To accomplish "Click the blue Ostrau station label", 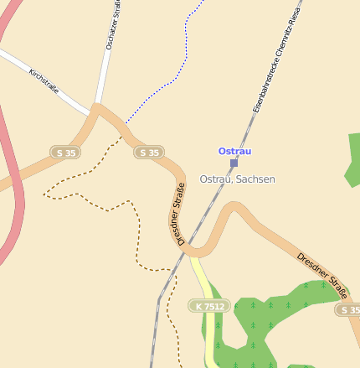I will click(x=234, y=151).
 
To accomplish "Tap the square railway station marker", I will click(x=234, y=163).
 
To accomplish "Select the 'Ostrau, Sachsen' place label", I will click(x=237, y=179).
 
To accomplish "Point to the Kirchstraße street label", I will click(x=44, y=81).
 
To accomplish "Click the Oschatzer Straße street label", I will click(x=111, y=25).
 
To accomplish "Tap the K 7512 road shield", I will click(x=209, y=307).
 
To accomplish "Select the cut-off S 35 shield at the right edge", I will click(x=349, y=309).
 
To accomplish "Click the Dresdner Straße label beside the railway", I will click(x=180, y=214).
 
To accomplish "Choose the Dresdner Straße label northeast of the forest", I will click(x=322, y=274).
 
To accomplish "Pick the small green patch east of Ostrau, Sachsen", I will click(x=353, y=159).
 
